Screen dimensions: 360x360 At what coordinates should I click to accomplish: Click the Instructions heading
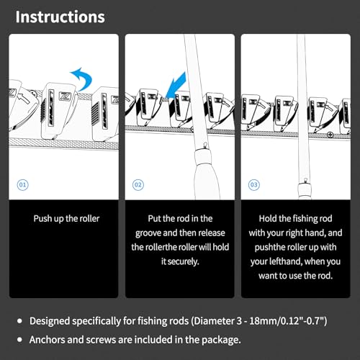coord(60,17)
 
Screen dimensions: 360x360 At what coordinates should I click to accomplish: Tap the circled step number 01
coord(22,185)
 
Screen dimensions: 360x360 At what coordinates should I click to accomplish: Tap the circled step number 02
coord(138,185)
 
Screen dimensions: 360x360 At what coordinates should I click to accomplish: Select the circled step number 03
coord(254,185)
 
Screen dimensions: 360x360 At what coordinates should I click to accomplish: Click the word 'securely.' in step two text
coord(184,261)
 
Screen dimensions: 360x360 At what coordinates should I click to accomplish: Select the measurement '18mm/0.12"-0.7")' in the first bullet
coord(288,321)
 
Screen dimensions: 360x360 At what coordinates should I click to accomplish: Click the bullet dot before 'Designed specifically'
coord(19,321)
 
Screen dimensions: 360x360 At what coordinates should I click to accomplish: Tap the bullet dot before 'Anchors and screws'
coord(19,340)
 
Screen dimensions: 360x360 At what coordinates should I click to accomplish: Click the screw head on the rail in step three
coord(330,135)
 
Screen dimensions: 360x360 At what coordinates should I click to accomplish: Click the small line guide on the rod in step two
coord(205,145)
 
